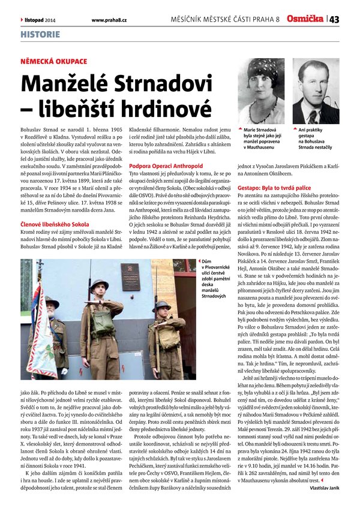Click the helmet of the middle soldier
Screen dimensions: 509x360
(99, 284)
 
